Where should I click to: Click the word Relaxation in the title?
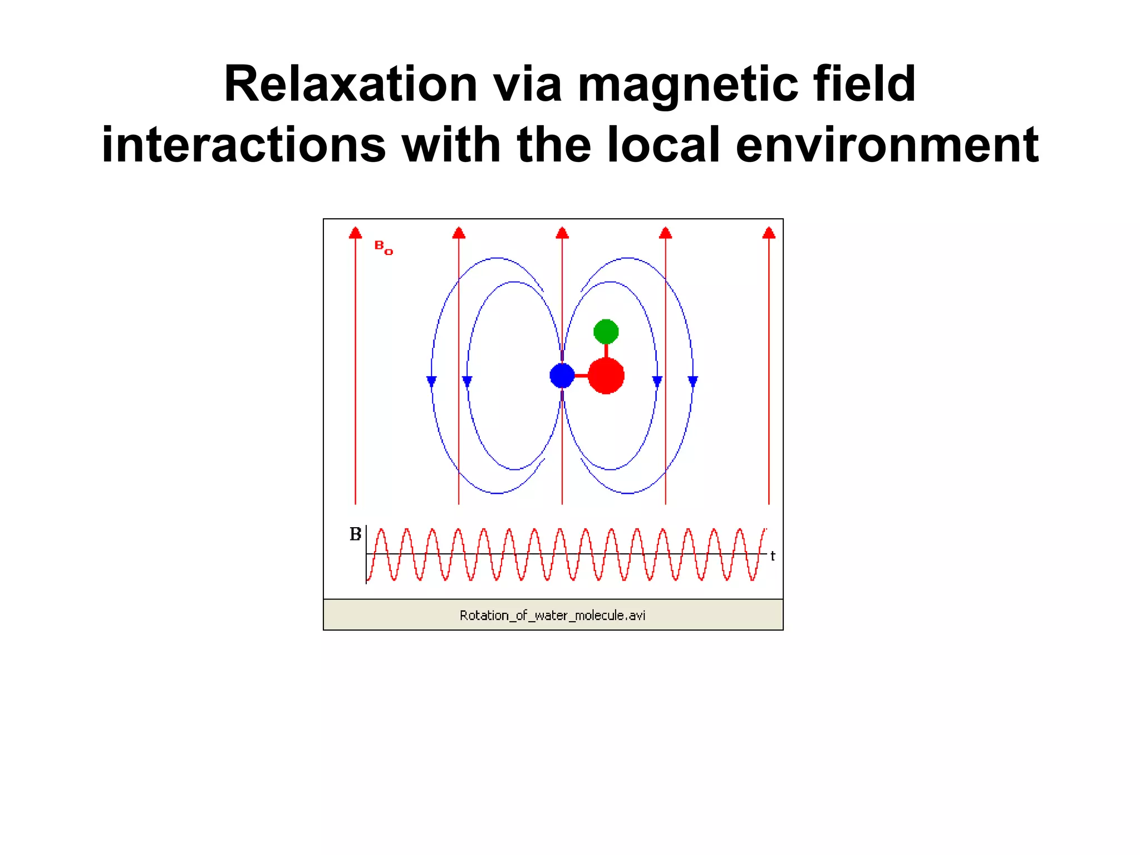(351, 84)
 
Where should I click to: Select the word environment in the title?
(887, 145)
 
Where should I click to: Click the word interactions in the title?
(244, 145)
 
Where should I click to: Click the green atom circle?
(606, 332)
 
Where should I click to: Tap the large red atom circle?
(606, 376)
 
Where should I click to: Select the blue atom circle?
(562, 376)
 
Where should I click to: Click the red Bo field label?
(383, 247)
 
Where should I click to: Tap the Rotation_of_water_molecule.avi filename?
(552, 615)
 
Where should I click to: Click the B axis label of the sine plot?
(355, 534)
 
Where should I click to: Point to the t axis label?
(773, 556)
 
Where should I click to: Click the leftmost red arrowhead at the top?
(355, 233)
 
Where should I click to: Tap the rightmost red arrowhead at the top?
(769, 233)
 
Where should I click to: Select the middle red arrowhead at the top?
(562, 233)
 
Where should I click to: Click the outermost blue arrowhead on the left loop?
(431, 381)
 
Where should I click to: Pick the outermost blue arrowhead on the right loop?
(692, 381)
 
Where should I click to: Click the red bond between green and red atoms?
(606, 351)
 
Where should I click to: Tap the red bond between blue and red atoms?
(581, 376)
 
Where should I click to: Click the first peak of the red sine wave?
(381, 530)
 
